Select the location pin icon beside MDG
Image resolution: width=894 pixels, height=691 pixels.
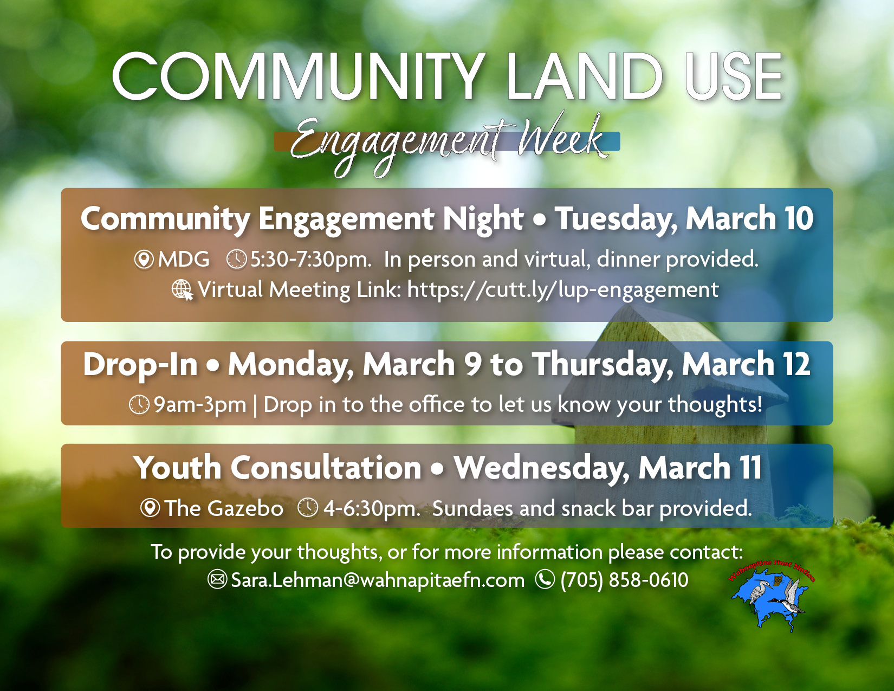pyautogui.click(x=144, y=260)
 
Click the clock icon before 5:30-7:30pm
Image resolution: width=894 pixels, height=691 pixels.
pyautogui.click(x=236, y=260)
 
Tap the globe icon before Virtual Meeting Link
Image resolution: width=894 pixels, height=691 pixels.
pyautogui.click(x=182, y=290)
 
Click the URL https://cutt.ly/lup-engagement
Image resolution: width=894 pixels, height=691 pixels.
pyautogui.click(x=562, y=290)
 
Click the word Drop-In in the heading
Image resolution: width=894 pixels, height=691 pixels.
pyautogui.click(x=140, y=364)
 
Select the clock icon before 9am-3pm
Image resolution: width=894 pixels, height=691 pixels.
pyautogui.click(x=139, y=404)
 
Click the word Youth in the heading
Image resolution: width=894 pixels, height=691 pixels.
pyautogui.click(x=177, y=468)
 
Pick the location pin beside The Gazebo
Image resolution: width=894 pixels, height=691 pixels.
pyautogui.click(x=150, y=508)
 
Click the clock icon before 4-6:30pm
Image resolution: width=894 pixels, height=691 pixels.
pyautogui.click(x=308, y=508)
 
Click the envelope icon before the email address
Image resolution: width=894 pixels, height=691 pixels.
pyautogui.click(x=217, y=580)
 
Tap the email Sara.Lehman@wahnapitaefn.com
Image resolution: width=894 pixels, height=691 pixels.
pyautogui.click(x=378, y=580)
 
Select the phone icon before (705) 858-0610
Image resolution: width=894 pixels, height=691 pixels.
pyautogui.click(x=545, y=580)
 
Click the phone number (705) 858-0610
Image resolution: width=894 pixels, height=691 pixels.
pyautogui.click(x=624, y=580)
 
